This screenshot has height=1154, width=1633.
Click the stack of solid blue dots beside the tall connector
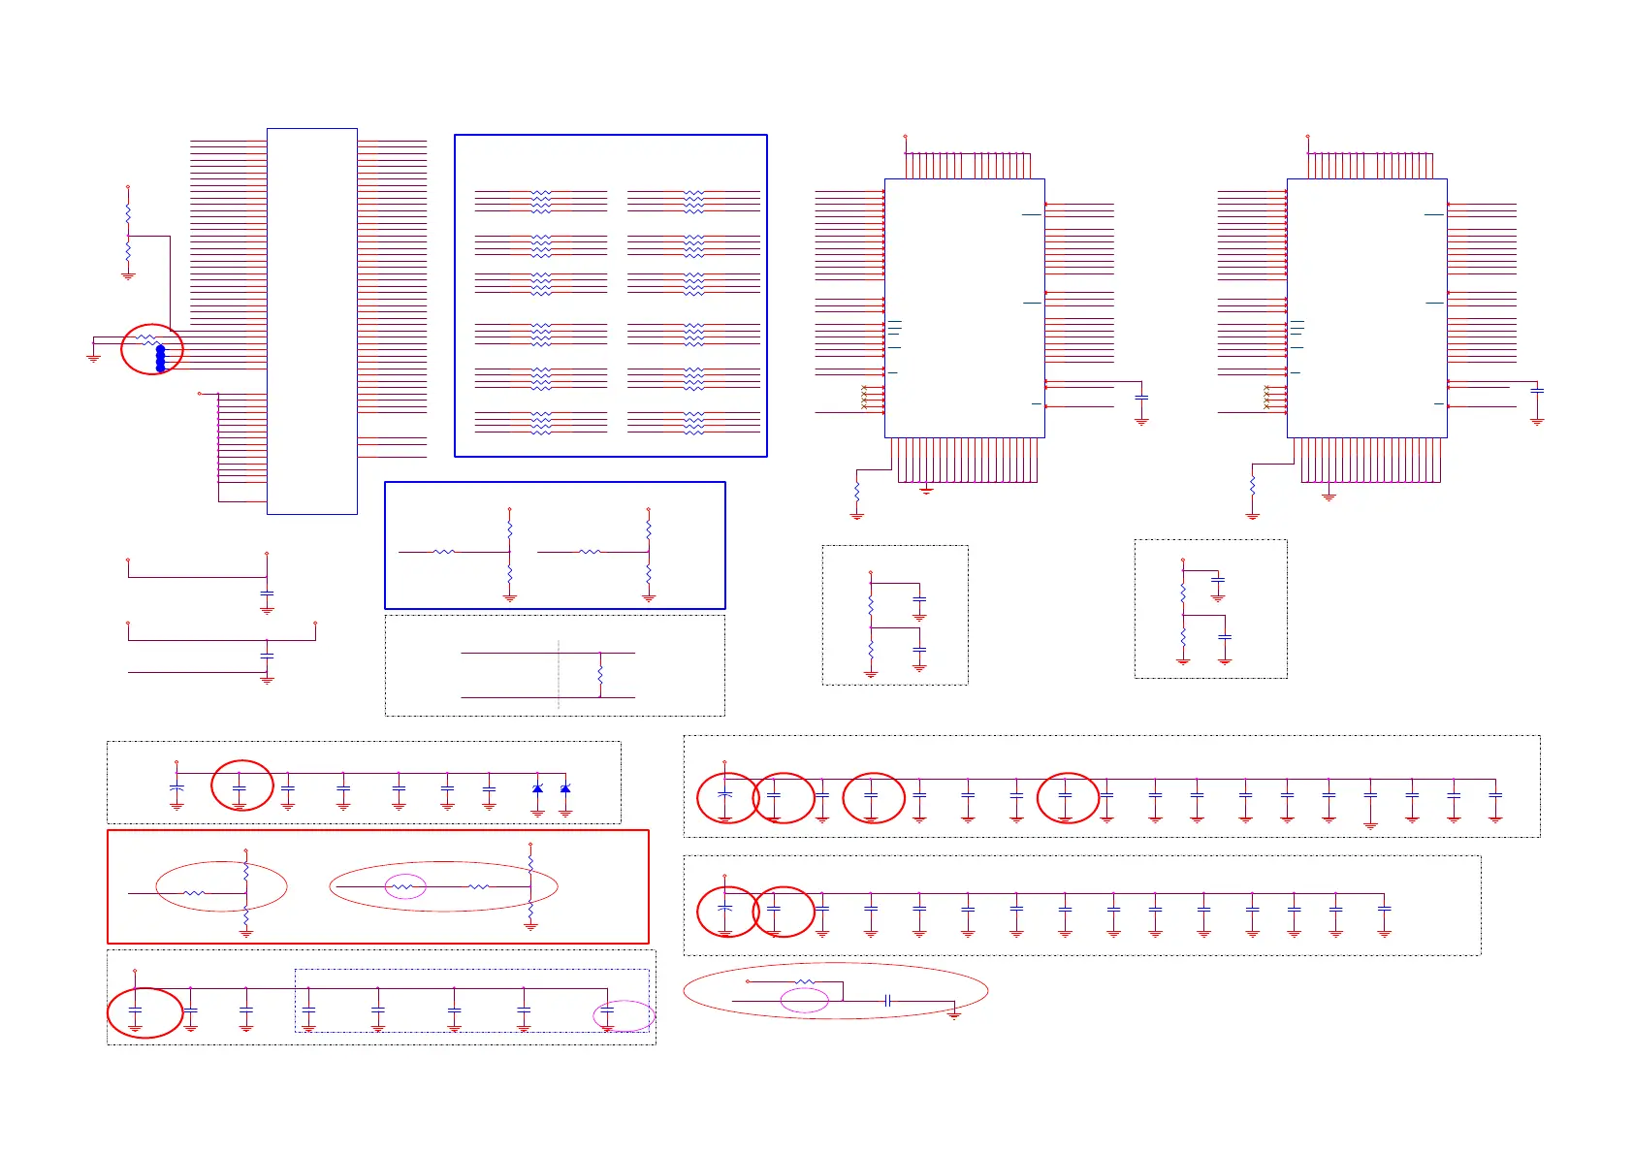click(x=161, y=358)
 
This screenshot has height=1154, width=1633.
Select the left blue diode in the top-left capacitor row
click(x=537, y=788)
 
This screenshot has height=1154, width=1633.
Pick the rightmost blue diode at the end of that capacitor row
click(x=565, y=788)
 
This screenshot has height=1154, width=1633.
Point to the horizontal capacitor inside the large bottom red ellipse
click(x=887, y=1000)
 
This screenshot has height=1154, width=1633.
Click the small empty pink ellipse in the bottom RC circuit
click(x=805, y=1000)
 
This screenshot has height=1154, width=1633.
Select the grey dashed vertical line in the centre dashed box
click(x=559, y=674)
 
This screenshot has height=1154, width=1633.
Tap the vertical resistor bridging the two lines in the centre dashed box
click(x=601, y=674)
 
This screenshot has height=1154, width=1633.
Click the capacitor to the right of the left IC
click(x=1141, y=398)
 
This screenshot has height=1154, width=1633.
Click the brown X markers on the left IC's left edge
click(x=864, y=397)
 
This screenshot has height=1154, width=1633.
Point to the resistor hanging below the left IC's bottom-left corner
click(x=856, y=495)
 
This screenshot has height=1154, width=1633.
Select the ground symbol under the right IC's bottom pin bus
click(x=1329, y=497)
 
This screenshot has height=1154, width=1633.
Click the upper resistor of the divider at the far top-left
click(x=128, y=213)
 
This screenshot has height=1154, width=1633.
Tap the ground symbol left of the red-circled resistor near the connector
click(x=94, y=357)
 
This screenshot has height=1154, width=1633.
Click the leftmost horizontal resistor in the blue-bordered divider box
click(x=443, y=552)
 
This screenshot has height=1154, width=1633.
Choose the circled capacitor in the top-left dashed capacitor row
click(x=240, y=790)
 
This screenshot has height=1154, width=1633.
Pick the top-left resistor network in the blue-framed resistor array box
click(x=541, y=202)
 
